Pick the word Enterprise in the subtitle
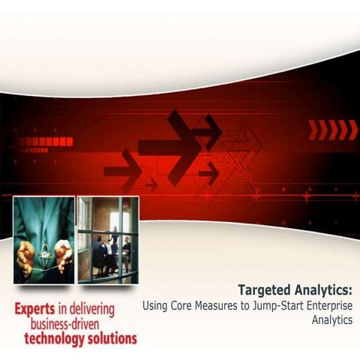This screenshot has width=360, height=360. [331, 306]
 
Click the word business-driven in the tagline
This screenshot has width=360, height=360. [77, 324]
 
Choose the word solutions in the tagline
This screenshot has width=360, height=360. [112, 338]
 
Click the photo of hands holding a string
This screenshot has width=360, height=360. [43, 240]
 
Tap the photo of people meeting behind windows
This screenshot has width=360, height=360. [107, 240]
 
